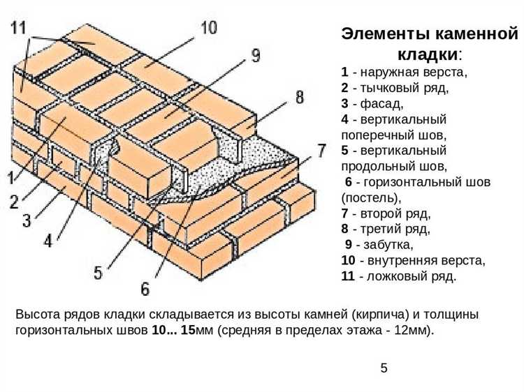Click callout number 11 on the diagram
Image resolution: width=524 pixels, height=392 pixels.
pos(19,29)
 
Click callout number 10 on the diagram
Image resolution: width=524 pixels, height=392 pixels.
pos(208,28)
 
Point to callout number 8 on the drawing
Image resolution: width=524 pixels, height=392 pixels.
pos(299,96)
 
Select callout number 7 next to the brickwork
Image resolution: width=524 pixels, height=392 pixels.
pos(321,150)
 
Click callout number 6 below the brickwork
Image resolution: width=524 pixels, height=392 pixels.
pos(145,287)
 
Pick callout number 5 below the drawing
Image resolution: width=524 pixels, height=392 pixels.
pos(99,272)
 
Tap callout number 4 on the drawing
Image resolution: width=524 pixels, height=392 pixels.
pos(48,241)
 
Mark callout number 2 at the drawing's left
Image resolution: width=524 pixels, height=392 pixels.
pos(14,202)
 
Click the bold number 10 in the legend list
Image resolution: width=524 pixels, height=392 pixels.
pos(348,260)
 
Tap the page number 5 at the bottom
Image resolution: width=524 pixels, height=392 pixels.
pos(384,368)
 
